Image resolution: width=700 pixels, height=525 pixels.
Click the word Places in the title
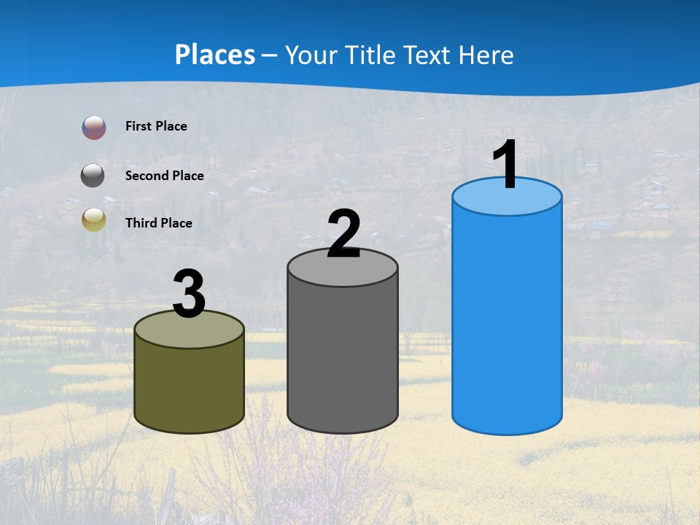click(215, 55)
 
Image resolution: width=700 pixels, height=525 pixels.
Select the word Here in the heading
click(487, 55)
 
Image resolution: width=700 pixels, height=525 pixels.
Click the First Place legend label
click(156, 126)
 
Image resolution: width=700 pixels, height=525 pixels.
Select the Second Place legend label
click(164, 176)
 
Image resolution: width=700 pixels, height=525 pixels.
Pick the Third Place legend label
click(158, 223)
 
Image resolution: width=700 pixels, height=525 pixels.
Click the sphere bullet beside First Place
click(94, 128)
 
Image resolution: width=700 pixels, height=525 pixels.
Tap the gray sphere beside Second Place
click(93, 176)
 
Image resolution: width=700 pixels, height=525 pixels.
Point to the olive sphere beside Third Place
click(93, 219)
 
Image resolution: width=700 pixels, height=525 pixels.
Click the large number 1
click(505, 166)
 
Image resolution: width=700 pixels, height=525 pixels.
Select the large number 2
click(343, 234)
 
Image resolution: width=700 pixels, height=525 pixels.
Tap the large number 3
click(189, 295)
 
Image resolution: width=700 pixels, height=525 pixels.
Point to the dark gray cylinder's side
click(343, 357)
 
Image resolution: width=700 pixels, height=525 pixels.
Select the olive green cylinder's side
click(189, 386)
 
